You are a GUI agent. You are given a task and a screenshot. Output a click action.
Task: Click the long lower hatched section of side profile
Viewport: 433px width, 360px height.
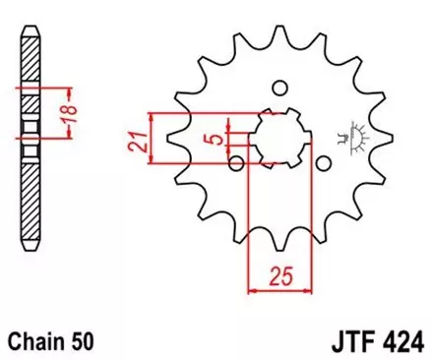pyautogui.click(x=31, y=202)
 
